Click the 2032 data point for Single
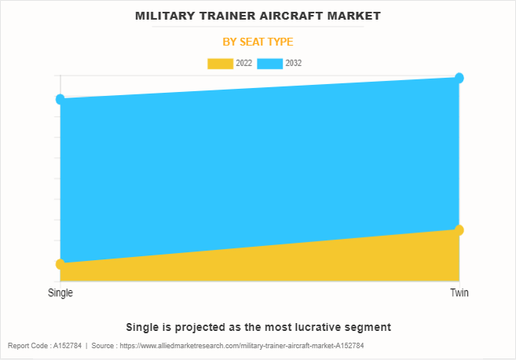60,99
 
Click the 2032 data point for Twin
459,78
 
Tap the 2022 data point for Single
60,264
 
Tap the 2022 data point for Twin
459,230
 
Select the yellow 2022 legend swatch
220,63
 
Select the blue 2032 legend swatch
271,63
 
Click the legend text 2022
243,63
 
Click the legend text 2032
294,63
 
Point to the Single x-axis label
60,292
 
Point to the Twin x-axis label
459,292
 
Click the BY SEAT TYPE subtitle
258,42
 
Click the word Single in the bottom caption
141,326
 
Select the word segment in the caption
369,326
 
